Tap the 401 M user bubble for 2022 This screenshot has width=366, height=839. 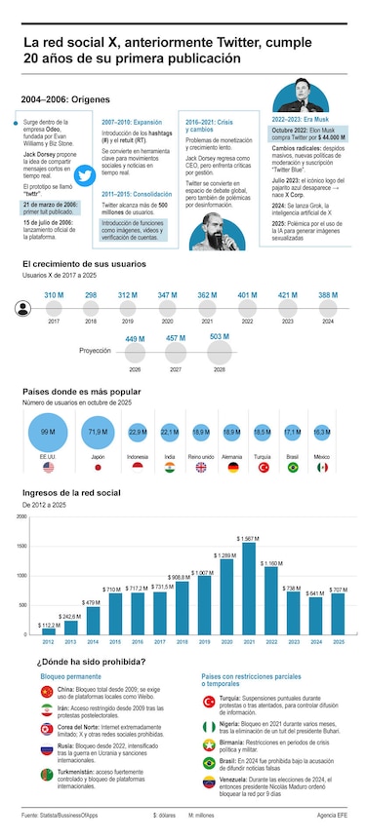pos(247,294)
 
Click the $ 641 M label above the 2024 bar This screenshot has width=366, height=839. pos(314,593)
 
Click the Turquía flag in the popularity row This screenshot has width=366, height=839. pos(263,467)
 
